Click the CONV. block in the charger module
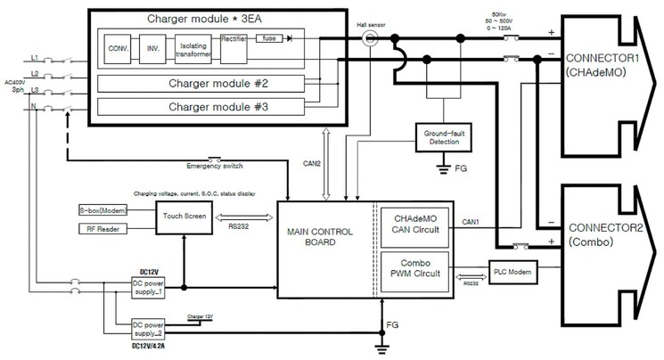point(116,48)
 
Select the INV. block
point(152,48)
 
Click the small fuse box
point(266,38)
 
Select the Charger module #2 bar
point(204,85)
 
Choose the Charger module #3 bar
point(204,107)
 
